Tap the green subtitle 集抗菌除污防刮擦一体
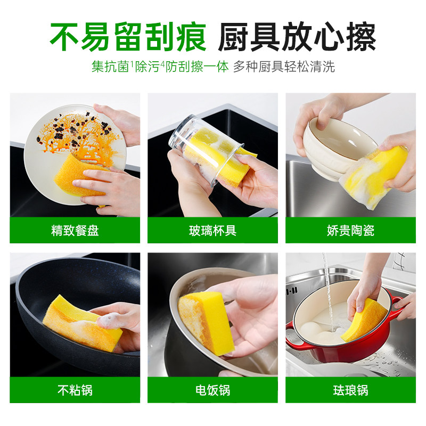(160, 67)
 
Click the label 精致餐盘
(75, 231)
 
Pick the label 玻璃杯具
(212, 231)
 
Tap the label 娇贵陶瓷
(350, 231)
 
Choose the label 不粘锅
(75, 390)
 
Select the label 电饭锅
(212, 390)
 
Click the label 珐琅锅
(350, 390)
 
